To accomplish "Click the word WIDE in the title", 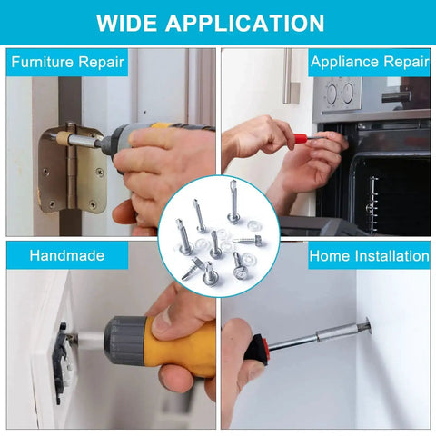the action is [127, 23].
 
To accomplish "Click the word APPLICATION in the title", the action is [245, 23].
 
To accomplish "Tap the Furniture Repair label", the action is [67, 62].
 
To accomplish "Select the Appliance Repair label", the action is [370, 62].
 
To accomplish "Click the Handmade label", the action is [67, 255].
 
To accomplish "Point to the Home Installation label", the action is [369, 256].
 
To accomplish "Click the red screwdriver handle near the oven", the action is [300, 139].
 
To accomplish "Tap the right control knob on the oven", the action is [348, 94].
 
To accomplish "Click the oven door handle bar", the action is [396, 97].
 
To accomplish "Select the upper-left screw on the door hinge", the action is [45, 172].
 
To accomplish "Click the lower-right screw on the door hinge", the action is [93, 204].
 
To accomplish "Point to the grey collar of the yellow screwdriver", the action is [124, 341].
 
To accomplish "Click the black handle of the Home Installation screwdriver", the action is [257, 351].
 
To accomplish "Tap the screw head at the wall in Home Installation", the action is [368, 325].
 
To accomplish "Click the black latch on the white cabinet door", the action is [61, 362].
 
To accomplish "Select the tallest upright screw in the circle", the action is [233, 202].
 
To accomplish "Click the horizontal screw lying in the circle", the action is [248, 241].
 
